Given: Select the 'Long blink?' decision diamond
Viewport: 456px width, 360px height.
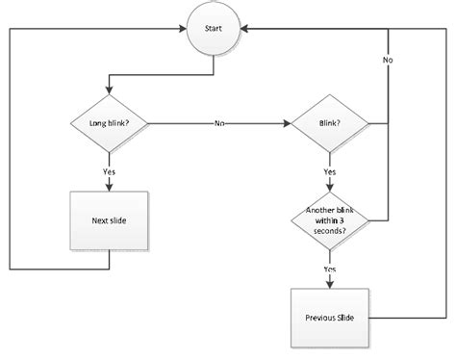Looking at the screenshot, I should (108, 123).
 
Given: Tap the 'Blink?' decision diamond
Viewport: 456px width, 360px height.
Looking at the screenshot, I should (330, 123).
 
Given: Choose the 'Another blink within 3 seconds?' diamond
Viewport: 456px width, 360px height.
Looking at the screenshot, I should (330, 220).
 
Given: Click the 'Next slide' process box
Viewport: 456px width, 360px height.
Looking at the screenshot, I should (108, 220).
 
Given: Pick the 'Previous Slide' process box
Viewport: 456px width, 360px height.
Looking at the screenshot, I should (330, 317).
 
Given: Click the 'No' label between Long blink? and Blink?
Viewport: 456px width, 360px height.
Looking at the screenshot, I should (220, 123).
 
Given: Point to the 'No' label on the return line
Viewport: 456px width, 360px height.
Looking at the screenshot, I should (388, 60).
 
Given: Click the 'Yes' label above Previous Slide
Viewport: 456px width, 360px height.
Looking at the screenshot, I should (330, 269).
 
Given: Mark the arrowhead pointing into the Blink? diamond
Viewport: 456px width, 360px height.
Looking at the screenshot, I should (287, 123).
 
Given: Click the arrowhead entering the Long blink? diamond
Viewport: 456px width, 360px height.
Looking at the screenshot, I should (108, 94).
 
